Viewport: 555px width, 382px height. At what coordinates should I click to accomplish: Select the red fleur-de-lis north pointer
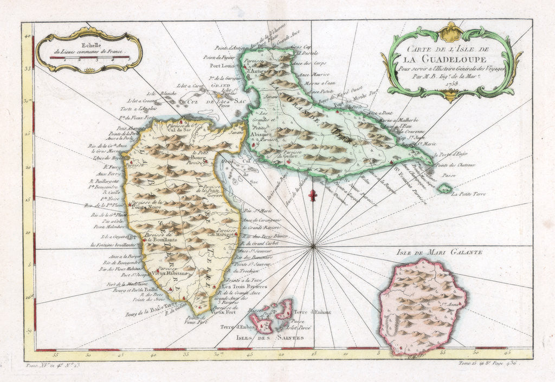coord(312,195)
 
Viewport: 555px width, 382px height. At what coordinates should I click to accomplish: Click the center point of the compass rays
coord(313,247)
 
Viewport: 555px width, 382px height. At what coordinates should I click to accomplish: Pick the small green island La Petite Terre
coord(445,188)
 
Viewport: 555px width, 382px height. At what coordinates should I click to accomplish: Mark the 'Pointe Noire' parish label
coord(144,206)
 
